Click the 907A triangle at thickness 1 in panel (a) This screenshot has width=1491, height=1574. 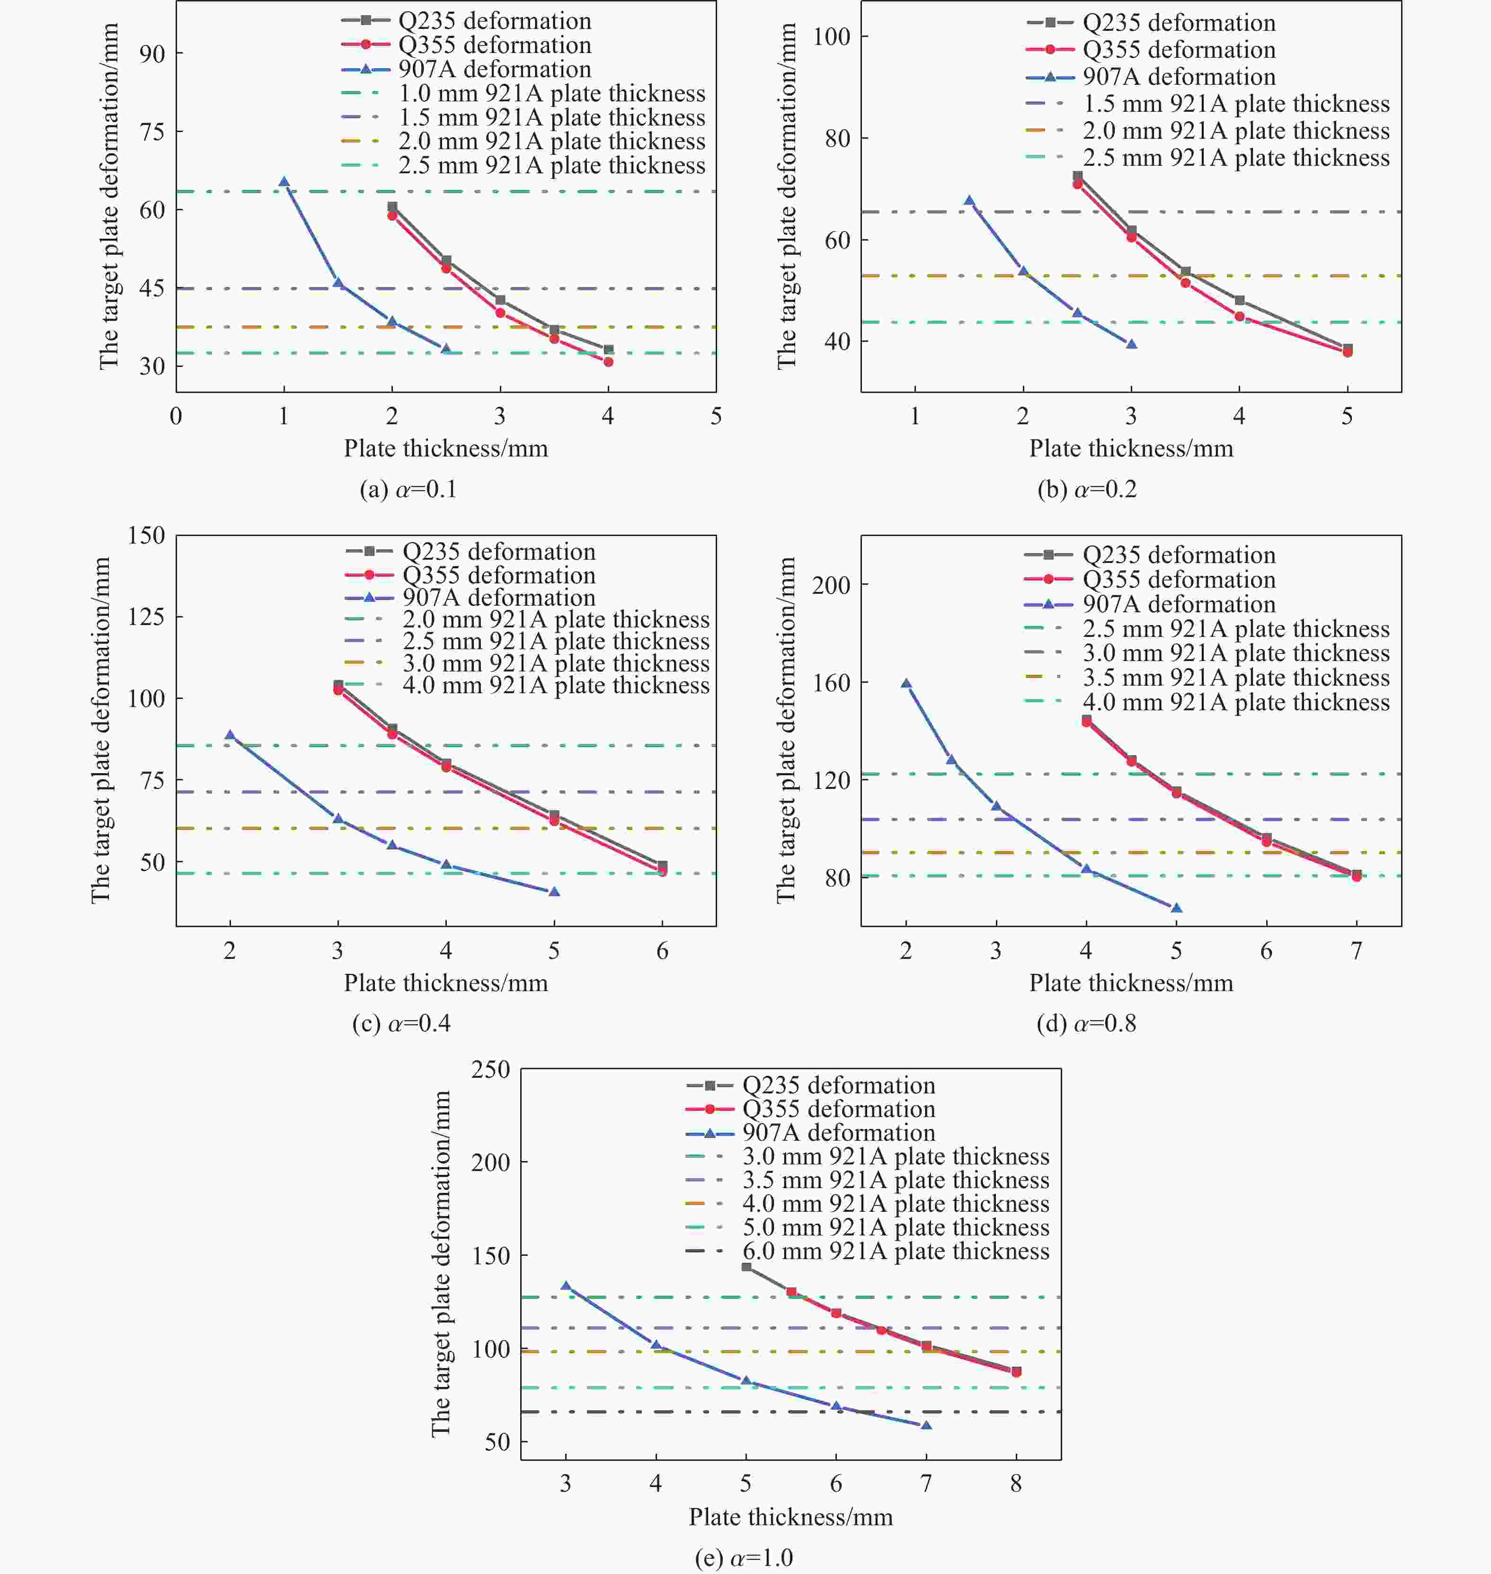click(284, 182)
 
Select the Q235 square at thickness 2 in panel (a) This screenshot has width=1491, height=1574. click(392, 206)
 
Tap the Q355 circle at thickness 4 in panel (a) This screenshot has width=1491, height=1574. click(608, 362)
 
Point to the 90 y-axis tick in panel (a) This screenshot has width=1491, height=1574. click(152, 54)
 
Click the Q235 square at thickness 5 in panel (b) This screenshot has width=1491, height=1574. click(1347, 348)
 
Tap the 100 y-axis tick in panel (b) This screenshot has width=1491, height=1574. click(831, 36)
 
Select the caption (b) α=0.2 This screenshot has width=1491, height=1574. click(1086, 489)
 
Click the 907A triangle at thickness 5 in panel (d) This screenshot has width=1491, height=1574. click(1176, 908)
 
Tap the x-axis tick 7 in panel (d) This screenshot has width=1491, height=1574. click(1356, 951)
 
